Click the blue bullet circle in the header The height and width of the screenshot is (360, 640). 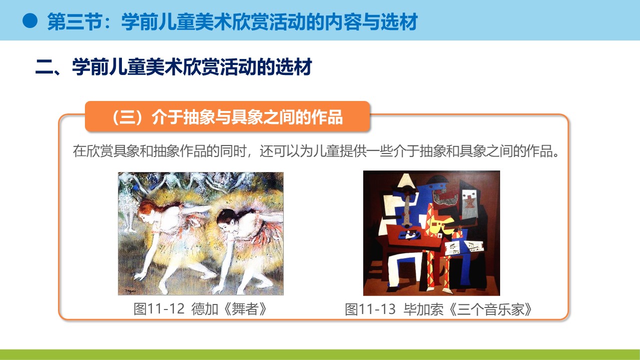click(30, 21)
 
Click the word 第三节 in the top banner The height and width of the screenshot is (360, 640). click(74, 21)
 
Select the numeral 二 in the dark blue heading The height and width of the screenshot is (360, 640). click(44, 67)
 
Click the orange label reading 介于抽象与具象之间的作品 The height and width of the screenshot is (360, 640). click(247, 117)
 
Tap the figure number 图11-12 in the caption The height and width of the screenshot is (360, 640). click(159, 309)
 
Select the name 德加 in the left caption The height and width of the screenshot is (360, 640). click(205, 309)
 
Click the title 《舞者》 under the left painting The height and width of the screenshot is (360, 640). click(245, 309)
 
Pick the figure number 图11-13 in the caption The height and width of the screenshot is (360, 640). click(370, 309)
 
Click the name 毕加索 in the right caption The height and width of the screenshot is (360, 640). click(423, 309)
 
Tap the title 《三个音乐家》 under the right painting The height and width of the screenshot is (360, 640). click(490, 309)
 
